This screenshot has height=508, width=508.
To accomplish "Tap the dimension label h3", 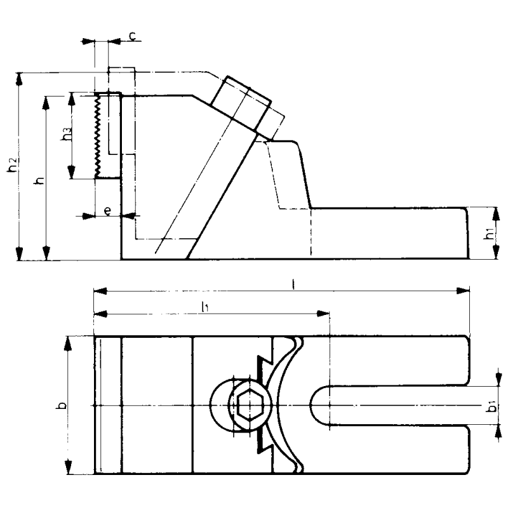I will tap(65, 135).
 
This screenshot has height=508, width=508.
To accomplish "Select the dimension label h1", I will tap(488, 234).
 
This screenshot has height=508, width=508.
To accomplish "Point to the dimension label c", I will tap(131, 36).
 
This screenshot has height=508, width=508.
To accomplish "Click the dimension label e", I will tap(109, 211).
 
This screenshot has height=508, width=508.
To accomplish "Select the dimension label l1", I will tap(205, 307).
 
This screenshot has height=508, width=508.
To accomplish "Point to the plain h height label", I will tap(39, 180).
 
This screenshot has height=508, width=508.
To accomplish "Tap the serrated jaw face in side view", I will tap(98, 135).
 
